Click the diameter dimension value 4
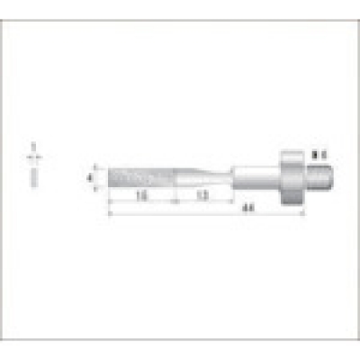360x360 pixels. pyautogui.click(x=91, y=177)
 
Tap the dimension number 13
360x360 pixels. pyautogui.click(x=203, y=193)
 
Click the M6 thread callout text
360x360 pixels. pyautogui.click(x=317, y=156)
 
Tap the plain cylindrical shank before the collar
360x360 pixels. pyautogui.click(x=256, y=175)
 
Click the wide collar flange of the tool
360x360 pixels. pyautogui.click(x=292, y=175)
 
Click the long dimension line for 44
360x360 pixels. pyautogui.click(x=216, y=214)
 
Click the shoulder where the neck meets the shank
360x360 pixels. pyautogui.click(x=233, y=175)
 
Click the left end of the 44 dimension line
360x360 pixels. pyautogui.click(x=110, y=214)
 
